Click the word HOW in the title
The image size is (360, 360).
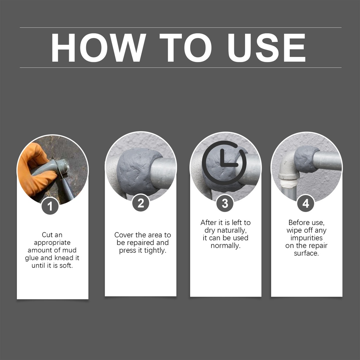(98, 47)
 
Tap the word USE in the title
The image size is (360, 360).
(266, 47)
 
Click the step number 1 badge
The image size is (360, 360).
(50, 206)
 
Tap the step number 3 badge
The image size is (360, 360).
(225, 204)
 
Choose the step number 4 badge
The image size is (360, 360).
(306, 204)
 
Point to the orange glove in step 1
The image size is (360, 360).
(34, 169)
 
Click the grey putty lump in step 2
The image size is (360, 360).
(137, 171)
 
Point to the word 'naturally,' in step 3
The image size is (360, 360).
(232, 230)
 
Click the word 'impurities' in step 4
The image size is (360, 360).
(307, 238)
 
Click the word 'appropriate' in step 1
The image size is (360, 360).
(52, 243)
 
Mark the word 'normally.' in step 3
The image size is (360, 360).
(225, 246)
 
